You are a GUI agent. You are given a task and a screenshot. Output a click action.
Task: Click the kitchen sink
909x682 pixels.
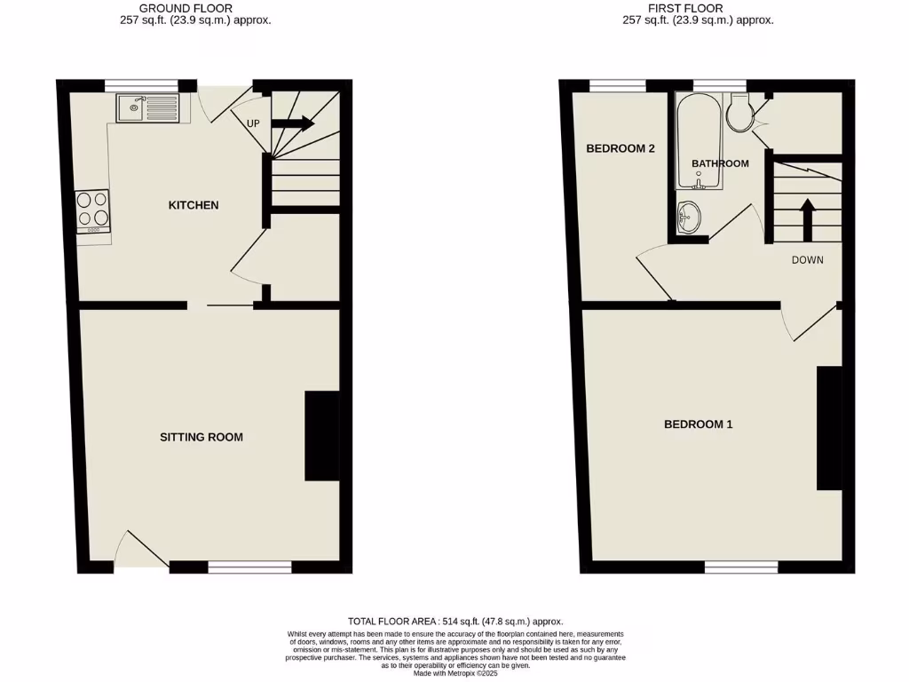tap(146, 109)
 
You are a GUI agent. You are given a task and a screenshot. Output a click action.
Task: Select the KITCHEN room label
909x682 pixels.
tap(194, 205)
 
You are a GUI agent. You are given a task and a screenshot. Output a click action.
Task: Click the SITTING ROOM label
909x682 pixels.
tap(202, 437)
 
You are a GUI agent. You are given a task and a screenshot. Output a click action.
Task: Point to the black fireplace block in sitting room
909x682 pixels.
tap(322, 436)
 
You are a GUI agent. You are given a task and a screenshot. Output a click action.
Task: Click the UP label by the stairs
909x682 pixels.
tap(253, 123)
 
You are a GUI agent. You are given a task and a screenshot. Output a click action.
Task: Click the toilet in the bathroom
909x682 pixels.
tap(739, 114)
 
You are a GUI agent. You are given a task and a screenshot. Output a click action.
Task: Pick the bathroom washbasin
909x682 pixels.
tap(689, 216)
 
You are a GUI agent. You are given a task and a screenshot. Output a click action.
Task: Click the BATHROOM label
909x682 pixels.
tap(720, 163)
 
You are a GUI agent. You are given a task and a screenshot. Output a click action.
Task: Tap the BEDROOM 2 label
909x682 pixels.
tap(620, 148)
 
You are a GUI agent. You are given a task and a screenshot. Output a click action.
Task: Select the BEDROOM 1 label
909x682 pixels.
tap(699, 424)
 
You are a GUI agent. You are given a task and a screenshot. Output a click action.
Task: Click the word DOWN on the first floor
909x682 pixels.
tap(808, 260)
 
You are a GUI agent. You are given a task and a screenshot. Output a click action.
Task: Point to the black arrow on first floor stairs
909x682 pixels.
tap(808, 219)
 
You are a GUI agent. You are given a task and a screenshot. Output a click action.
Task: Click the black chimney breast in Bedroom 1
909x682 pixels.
tap(829, 428)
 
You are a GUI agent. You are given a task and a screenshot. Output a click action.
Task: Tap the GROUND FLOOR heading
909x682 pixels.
tap(186, 8)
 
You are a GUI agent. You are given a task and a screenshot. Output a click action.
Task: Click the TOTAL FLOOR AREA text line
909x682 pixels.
tap(454, 622)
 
